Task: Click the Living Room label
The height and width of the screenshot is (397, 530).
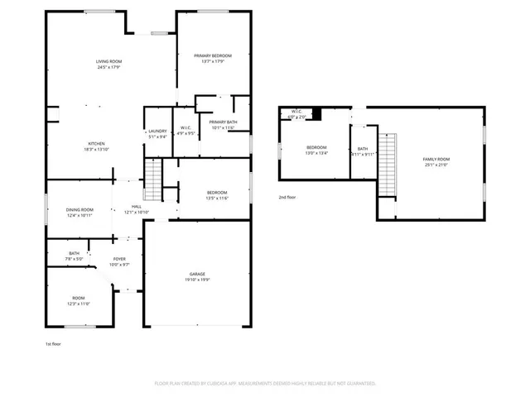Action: [108, 62]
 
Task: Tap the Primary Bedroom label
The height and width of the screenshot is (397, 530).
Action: [213, 55]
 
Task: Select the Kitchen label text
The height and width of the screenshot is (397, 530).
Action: [96, 142]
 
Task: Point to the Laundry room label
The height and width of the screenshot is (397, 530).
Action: [157, 131]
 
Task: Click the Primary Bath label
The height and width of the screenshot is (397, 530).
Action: [223, 122]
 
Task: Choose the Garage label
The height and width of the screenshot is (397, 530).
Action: [197, 274]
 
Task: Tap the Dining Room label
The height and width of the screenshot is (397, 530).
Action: [79, 209]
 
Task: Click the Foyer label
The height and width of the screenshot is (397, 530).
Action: [120, 259]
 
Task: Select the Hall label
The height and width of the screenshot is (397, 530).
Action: [137, 207]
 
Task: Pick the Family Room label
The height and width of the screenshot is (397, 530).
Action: [436, 159]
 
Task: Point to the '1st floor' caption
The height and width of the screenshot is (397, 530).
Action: [54, 343]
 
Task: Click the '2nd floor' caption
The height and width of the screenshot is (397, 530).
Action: [288, 197]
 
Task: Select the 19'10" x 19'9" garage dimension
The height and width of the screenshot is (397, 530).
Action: [197, 280]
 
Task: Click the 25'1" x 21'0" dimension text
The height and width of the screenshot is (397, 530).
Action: [436, 165]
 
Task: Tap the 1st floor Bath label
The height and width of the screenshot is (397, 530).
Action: [75, 253]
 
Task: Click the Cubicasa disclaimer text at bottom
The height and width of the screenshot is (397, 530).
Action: [265, 384]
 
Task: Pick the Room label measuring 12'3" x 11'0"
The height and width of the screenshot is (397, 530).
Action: [79, 299]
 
